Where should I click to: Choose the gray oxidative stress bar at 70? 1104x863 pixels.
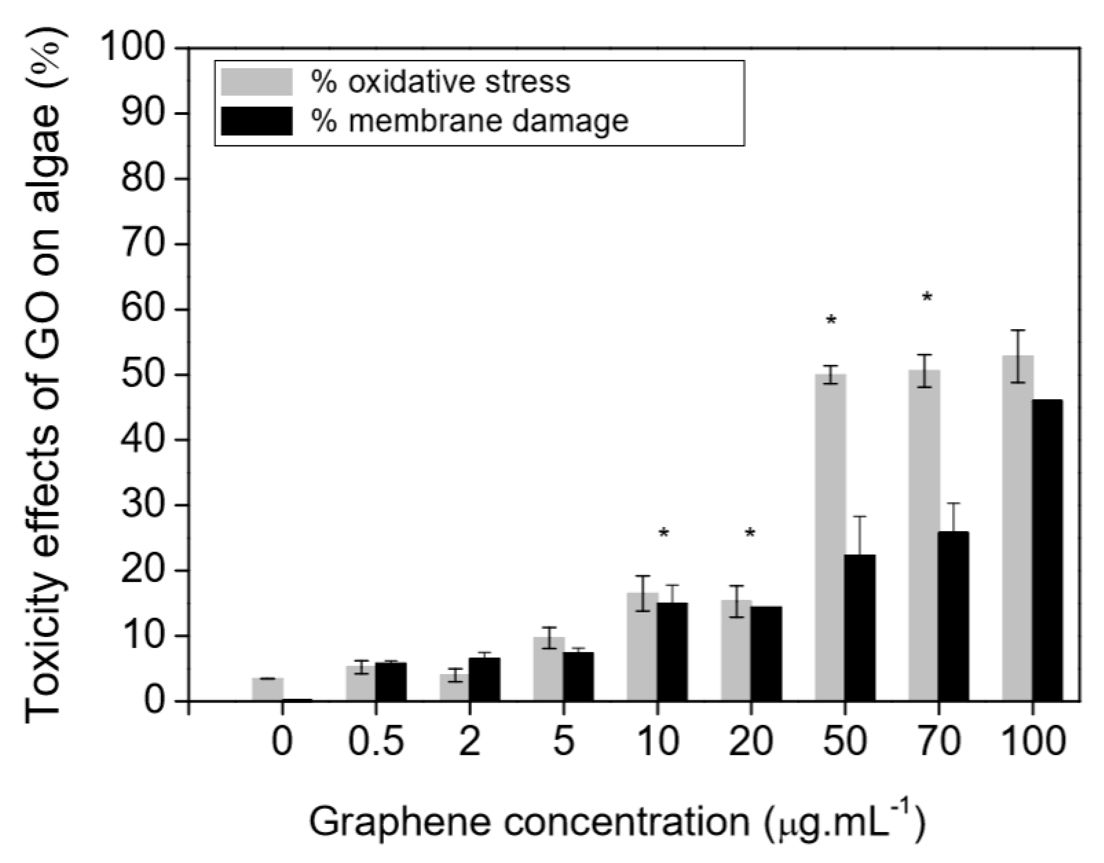(924, 535)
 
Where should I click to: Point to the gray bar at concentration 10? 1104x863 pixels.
(642, 647)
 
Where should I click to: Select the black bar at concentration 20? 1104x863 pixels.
(766, 653)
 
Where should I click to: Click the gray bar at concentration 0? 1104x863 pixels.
(267, 689)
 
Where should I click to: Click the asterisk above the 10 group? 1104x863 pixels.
(664, 533)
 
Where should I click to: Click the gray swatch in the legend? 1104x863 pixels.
(257, 82)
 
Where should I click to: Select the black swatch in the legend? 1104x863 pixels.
(257, 121)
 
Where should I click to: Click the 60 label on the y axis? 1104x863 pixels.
(143, 309)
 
